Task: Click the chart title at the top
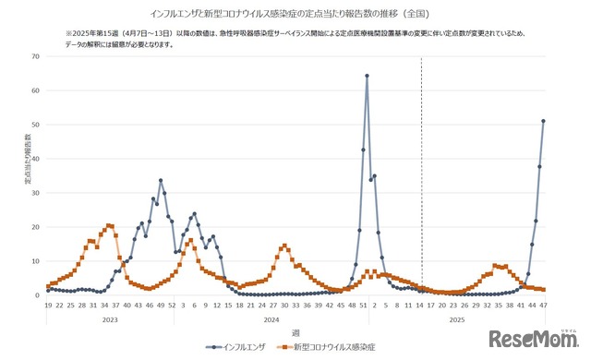pos(295,14)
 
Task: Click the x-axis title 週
pos(295,331)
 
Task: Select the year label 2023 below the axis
pos(109,318)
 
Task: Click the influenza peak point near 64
pos(367,76)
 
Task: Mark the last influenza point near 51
pos(543,121)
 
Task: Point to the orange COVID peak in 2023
pos(110,225)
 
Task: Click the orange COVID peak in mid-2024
pos(284,246)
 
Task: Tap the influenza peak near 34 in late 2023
pos(161,180)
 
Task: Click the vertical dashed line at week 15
pos(422,175)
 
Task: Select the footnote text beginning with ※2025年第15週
pos(295,38)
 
